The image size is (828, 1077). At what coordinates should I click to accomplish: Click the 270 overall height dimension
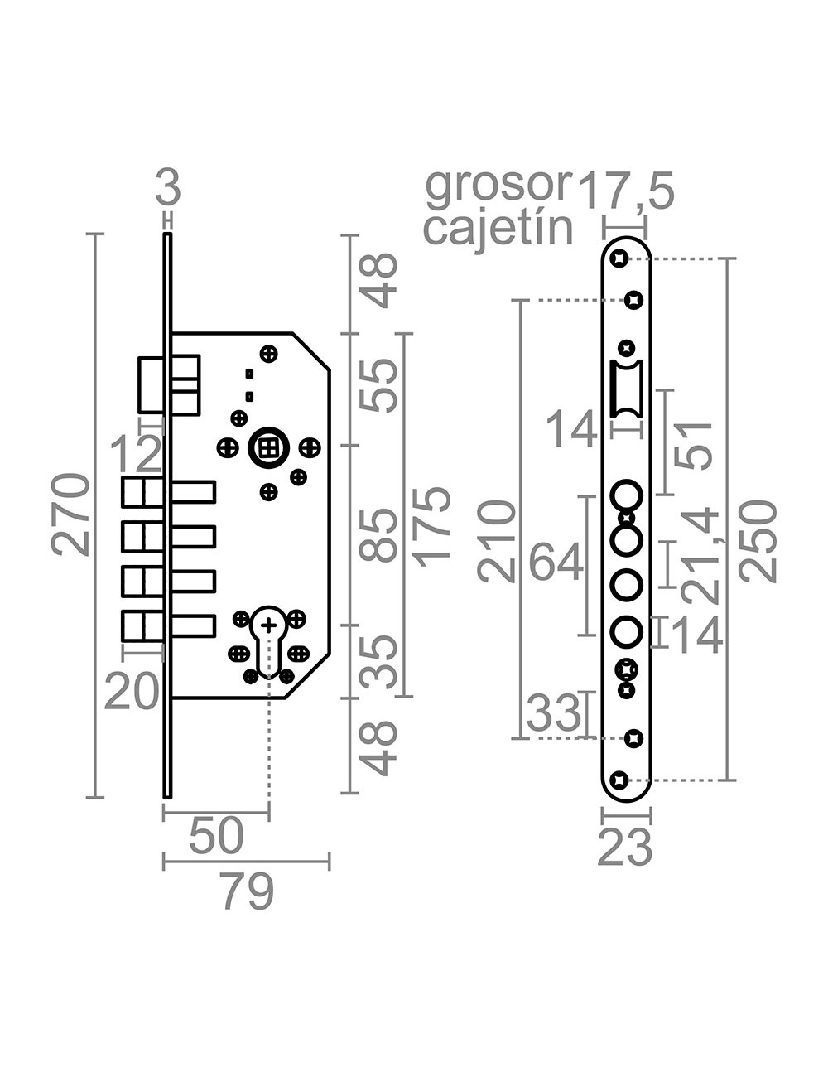(x=70, y=514)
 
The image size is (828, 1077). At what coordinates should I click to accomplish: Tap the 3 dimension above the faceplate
(x=168, y=189)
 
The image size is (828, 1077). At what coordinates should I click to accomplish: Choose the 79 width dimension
(x=248, y=893)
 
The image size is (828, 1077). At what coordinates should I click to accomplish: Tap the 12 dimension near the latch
(x=137, y=454)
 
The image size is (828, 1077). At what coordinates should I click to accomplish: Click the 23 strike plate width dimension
(x=625, y=848)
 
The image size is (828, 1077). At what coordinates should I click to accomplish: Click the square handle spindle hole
(x=267, y=448)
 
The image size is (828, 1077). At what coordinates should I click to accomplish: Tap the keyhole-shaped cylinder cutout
(x=268, y=638)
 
